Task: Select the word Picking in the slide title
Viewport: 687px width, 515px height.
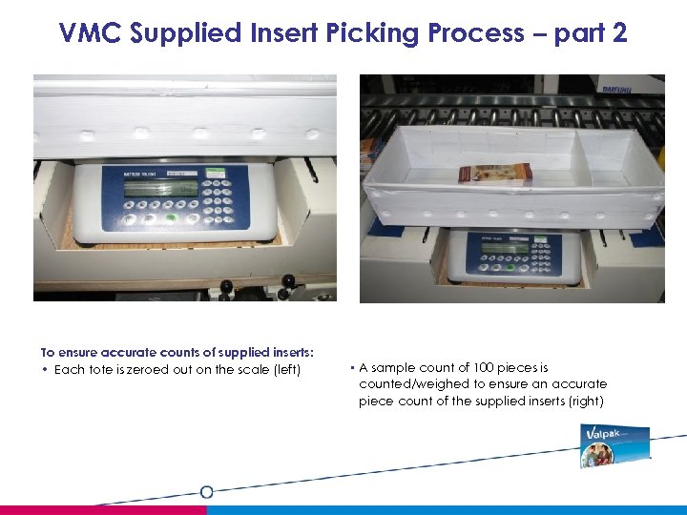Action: click(373, 32)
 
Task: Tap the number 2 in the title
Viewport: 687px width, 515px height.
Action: click(618, 32)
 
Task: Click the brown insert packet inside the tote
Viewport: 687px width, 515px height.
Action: click(495, 173)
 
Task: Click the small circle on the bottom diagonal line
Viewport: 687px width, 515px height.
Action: click(206, 492)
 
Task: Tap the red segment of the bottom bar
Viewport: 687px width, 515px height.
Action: click(103, 510)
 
